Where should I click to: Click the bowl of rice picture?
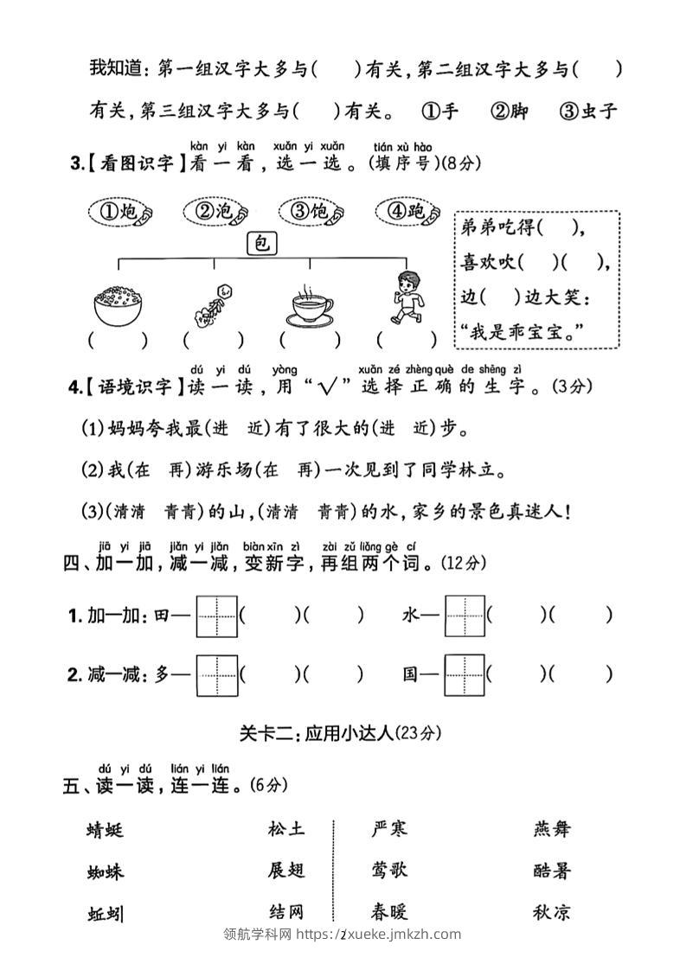click(117, 303)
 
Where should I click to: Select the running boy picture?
click(407, 297)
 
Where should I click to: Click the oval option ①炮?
click(121, 211)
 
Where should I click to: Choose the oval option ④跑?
click(407, 211)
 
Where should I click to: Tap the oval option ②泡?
click(216, 211)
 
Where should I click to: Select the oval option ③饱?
click(312, 211)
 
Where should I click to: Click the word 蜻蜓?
click(106, 830)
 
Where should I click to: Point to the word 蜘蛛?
click(106, 871)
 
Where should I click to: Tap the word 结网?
click(286, 912)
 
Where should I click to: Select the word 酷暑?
click(552, 871)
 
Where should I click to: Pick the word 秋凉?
click(552, 912)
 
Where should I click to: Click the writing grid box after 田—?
click(216, 616)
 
